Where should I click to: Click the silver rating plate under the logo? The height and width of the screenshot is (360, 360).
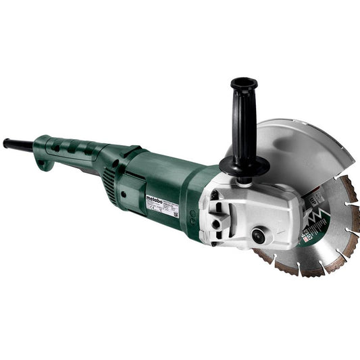(x=162, y=209)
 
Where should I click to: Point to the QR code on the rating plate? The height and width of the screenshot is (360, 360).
(x=174, y=215)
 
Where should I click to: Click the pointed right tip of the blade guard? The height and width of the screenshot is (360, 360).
(x=353, y=161)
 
